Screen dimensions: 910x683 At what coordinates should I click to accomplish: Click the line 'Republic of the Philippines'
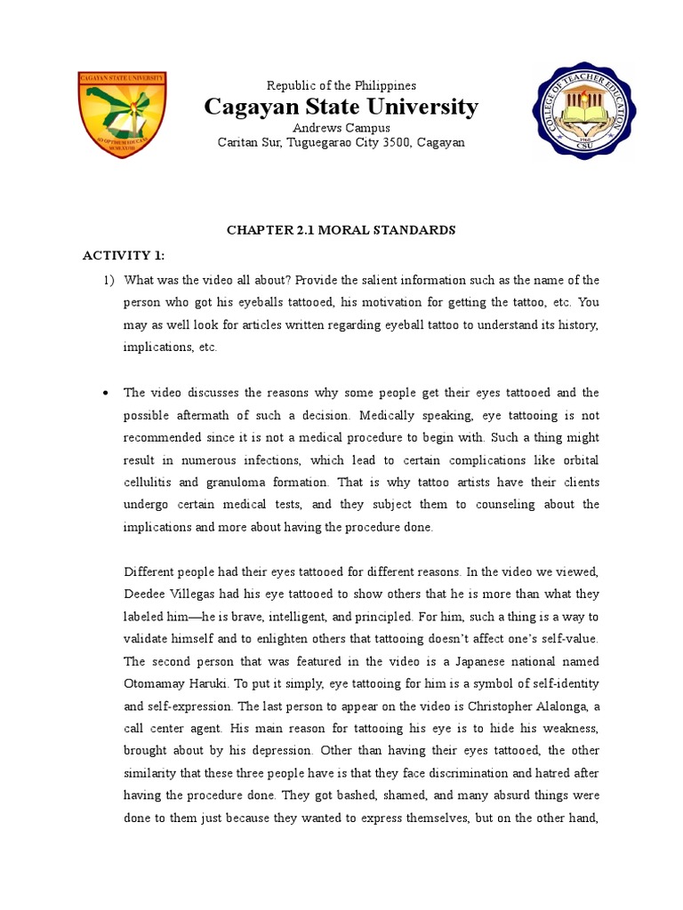point(341,85)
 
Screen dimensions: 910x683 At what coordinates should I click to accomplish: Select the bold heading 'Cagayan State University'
point(341,108)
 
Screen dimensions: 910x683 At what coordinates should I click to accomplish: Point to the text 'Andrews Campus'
point(341,128)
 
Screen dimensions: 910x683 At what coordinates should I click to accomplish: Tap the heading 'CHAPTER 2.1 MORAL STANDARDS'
point(341,230)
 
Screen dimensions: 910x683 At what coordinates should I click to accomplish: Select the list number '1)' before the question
point(108,280)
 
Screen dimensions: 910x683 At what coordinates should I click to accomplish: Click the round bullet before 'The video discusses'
point(106,393)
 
